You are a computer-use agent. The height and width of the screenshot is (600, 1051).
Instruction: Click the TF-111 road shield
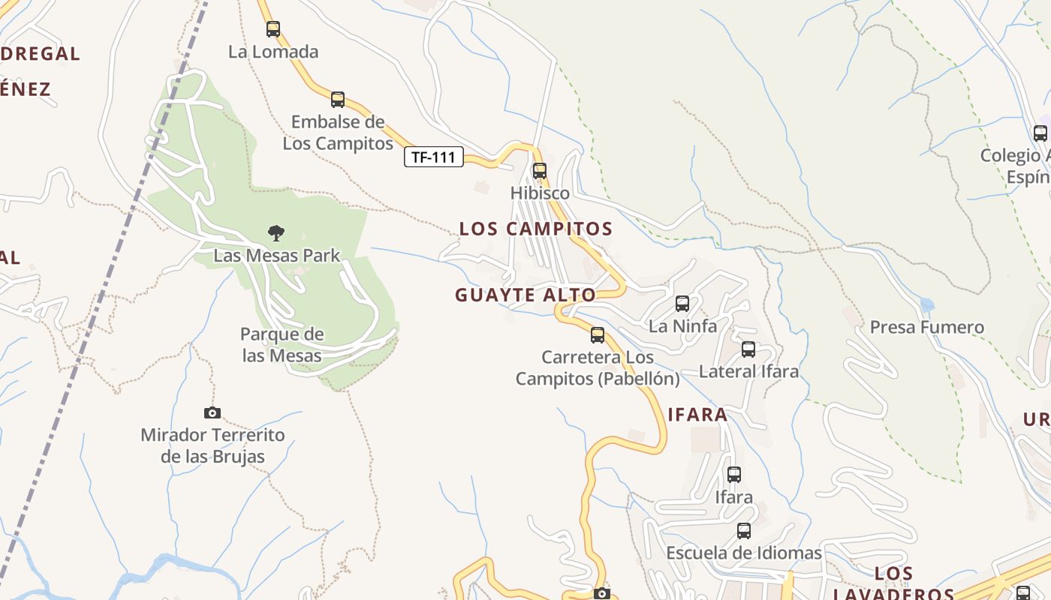click(x=434, y=157)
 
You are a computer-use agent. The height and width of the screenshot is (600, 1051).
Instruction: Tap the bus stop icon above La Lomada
click(x=273, y=29)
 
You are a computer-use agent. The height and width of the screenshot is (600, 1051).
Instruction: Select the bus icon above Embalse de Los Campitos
click(x=338, y=99)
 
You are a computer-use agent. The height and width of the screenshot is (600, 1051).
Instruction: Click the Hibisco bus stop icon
click(x=540, y=170)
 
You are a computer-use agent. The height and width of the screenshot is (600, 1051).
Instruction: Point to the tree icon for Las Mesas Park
click(x=276, y=233)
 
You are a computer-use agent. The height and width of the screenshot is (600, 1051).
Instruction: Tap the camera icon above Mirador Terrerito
click(x=212, y=412)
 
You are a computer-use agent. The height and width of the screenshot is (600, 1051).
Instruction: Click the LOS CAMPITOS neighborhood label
click(x=536, y=229)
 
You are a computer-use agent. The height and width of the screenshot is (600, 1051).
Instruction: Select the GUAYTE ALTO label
click(x=525, y=295)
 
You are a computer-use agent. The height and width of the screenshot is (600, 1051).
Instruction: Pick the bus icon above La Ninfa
click(x=682, y=304)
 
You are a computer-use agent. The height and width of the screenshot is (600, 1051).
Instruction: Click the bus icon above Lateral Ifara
click(x=748, y=349)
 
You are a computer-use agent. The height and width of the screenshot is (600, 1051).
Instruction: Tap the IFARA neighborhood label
click(x=697, y=415)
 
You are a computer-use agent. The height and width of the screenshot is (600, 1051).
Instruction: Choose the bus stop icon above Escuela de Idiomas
click(x=744, y=531)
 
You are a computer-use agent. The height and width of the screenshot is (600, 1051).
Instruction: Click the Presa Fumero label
click(x=926, y=327)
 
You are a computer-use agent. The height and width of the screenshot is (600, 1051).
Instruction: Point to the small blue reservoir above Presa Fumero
click(x=927, y=304)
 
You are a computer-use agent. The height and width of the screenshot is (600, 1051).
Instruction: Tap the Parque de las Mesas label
click(x=282, y=345)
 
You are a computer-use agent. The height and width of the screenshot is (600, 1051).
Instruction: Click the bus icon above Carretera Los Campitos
click(x=598, y=334)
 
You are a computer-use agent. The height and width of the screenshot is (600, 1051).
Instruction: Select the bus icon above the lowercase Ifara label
click(x=734, y=475)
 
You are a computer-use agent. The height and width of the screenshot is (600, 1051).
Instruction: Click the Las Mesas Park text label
click(x=277, y=256)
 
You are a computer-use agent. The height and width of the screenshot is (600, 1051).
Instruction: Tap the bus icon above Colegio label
click(x=1040, y=133)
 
